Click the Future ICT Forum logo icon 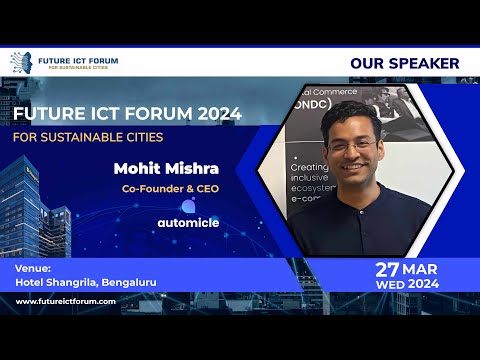pyautogui.click(x=21, y=62)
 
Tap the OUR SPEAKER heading pyautogui.click(x=404, y=63)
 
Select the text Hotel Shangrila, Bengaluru pyautogui.click(x=85, y=282)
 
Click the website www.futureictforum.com pyautogui.click(x=66, y=301)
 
